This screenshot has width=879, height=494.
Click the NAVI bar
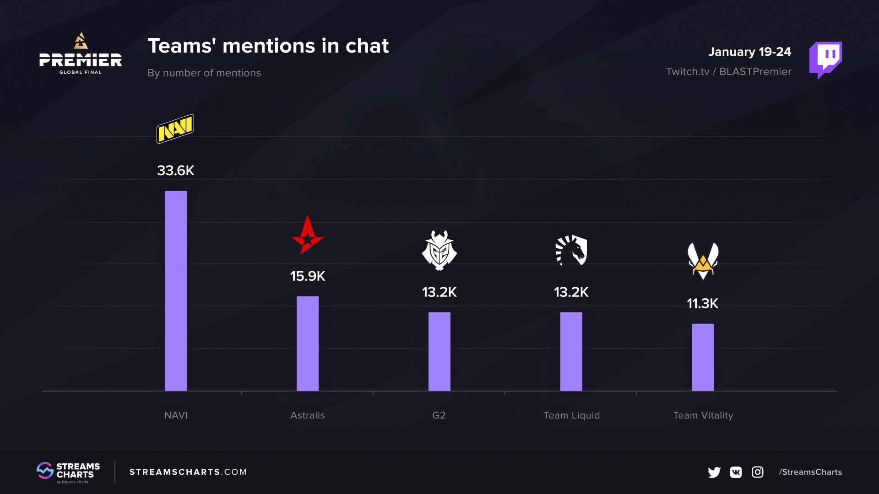coord(176,291)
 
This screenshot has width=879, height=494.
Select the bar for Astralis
coord(308,344)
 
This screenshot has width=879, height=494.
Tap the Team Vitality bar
coord(703,357)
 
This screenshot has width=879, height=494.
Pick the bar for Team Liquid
coord(571,351)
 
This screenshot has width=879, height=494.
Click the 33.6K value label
coord(176,171)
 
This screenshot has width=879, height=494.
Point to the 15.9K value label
coord(308,276)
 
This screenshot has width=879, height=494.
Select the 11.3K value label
coord(703,304)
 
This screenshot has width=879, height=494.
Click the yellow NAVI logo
coord(175,129)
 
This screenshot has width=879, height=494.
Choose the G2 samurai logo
coord(439,250)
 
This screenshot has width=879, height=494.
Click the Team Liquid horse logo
coord(571,250)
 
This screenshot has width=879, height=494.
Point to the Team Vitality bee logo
coord(703,261)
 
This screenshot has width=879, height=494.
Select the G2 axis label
coord(439,415)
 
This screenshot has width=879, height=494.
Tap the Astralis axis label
coord(308,415)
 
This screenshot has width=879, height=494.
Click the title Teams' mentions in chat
coord(268,46)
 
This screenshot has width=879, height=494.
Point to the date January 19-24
coord(749,52)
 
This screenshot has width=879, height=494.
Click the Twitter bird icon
coord(714,472)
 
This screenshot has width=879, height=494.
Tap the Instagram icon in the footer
coord(758,472)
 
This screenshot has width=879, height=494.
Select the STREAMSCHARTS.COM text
coord(188,472)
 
